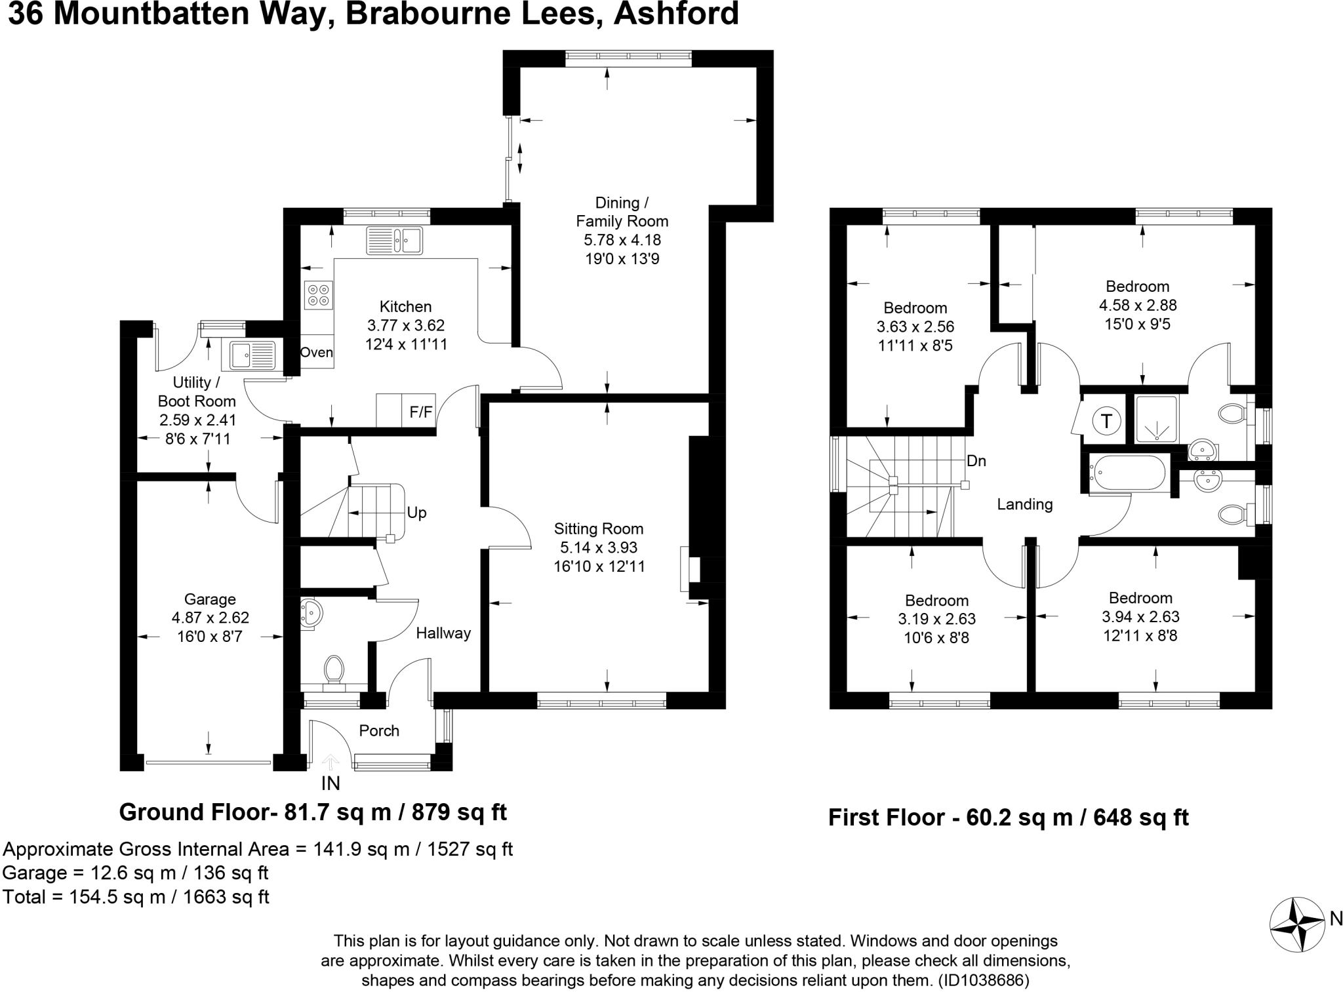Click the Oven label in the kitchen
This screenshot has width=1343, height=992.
(x=317, y=352)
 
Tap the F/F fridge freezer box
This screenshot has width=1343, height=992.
(x=421, y=412)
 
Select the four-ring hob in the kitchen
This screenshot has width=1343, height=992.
(x=319, y=294)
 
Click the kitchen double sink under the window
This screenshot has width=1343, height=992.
(x=394, y=240)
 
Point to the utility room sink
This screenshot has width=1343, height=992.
(x=253, y=356)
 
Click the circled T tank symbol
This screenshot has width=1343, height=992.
(x=1107, y=421)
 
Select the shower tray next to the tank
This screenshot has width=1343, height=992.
(x=1155, y=419)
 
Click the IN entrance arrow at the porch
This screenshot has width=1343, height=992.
(x=331, y=763)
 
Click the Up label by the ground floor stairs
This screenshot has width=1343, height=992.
(x=417, y=513)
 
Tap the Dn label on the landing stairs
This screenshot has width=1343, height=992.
(x=976, y=461)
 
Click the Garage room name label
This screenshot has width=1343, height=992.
(x=210, y=599)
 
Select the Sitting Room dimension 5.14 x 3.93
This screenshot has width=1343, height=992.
(x=599, y=547)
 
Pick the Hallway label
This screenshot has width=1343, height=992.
(x=443, y=633)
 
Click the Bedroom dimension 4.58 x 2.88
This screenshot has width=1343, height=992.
(x=1138, y=305)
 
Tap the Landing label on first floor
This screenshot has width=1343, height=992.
(x=1025, y=504)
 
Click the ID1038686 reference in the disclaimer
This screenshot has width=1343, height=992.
(x=983, y=981)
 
